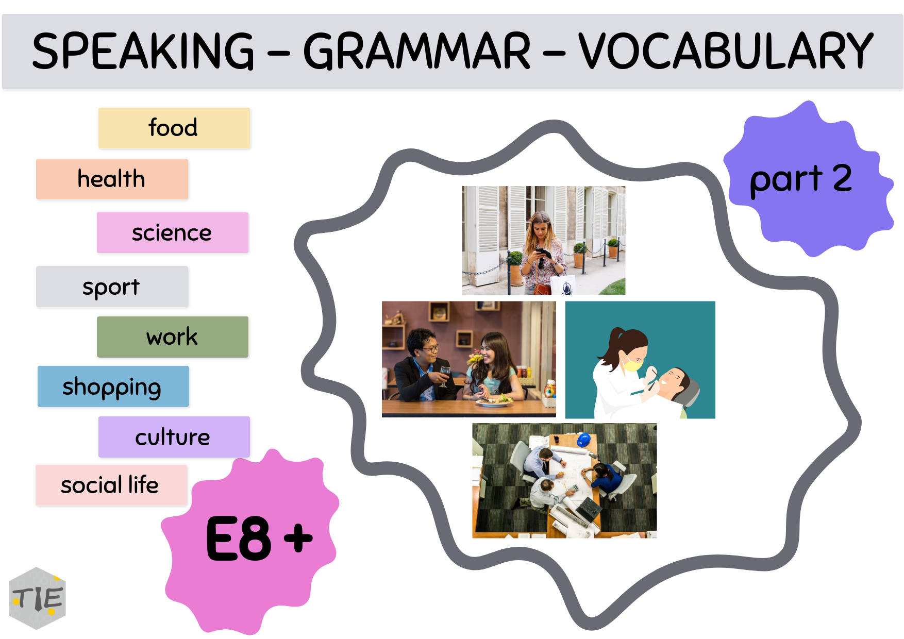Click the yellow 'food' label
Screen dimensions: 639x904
pyautogui.click(x=174, y=128)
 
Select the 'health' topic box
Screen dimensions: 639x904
pyautogui.click(x=112, y=179)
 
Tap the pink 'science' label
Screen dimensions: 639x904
pyautogui.click(x=172, y=233)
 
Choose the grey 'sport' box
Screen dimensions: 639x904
pyautogui.click(x=112, y=287)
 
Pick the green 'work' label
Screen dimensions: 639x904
pyautogui.click(x=172, y=337)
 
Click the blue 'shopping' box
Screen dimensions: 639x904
pyautogui.click(x=113, y=387)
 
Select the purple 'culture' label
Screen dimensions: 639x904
pyautogui.click(x=174, y=438)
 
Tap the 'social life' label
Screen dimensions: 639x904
pyautogui.click(x=111, y=485)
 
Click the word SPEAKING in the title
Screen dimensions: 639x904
pyautogui.click(x=143, y=51)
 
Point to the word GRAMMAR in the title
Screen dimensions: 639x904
pyautogui.click(x=416, y=51)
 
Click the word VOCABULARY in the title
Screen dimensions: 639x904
pyautogui.click(x=725, y=51)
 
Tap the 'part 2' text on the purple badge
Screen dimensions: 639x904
pyautogui.click(x=800, y=179)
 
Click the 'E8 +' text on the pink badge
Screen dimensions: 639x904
pyautogui.click(x=259, y=539)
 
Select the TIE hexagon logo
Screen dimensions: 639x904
pyautogui.click(x=37, y=598)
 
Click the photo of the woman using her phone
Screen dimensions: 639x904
pyautogui.click(x=543, y=240)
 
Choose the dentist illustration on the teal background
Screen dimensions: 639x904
pyautogui.click(x=640, y=360)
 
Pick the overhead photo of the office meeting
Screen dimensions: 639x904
pyautogui.click(x=564, y=481)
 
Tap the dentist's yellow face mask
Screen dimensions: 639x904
pyautogui.click(x=631, y=365)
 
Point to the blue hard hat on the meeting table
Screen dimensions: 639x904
pyautogui.click(x=583, y=440)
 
